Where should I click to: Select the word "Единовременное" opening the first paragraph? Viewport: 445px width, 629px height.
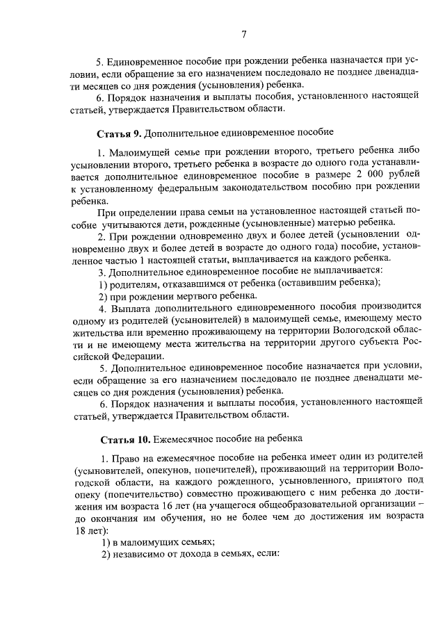146,63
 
